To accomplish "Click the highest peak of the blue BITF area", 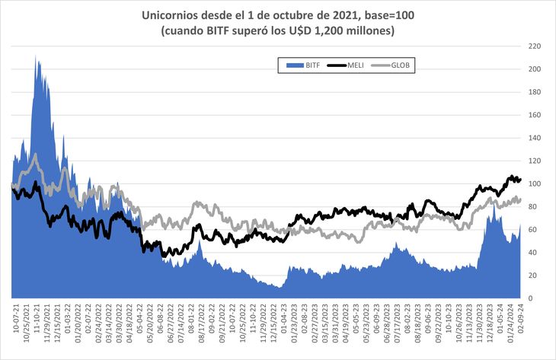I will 36,56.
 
